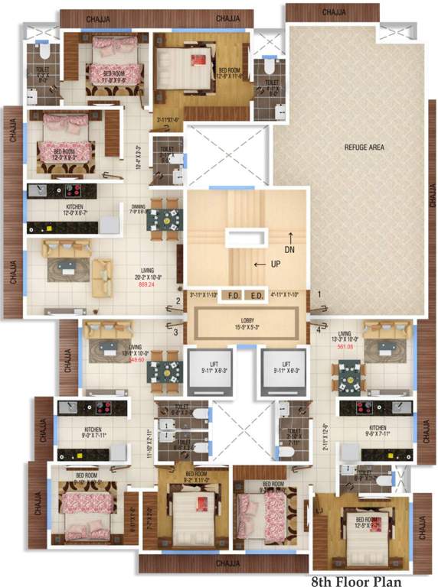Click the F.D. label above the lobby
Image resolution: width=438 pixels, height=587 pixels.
coord(234,294)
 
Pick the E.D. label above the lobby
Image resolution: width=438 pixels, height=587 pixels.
coord(257,294)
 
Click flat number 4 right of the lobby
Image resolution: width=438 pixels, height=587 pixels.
coord(319,330)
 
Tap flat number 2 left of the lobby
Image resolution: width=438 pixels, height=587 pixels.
coord(178,301)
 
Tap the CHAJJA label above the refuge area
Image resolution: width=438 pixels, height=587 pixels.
coord(334,12)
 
